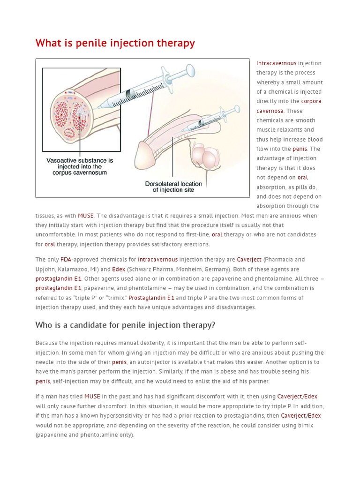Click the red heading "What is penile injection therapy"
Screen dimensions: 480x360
115,43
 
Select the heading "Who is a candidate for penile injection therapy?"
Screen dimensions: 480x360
125,325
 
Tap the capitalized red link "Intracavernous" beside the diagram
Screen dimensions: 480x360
276,63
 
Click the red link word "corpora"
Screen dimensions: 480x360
311,101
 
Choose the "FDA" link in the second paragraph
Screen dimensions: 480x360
66,260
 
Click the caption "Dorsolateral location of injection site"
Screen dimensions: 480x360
173,187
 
